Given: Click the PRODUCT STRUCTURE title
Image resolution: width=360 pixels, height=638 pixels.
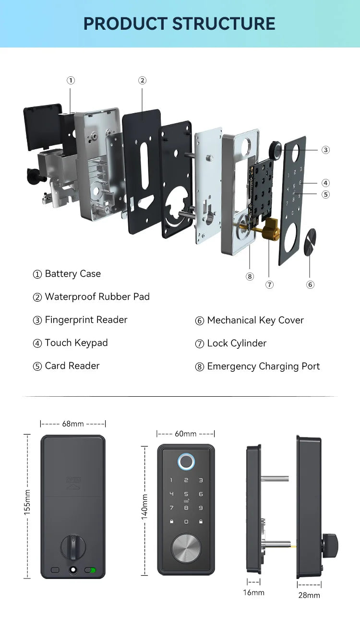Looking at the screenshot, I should tap(180, 24).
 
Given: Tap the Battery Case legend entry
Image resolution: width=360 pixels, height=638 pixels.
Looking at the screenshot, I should tap(67, 274).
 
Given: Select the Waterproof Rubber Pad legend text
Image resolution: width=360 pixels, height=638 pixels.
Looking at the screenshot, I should tap(91, 297).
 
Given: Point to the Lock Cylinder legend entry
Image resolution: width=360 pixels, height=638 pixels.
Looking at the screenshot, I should tap(231, 343).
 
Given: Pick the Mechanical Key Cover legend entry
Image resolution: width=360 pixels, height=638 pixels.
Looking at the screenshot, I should tap(250, 320).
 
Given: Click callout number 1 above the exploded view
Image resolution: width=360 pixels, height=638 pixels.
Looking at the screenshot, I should tap(71, 81).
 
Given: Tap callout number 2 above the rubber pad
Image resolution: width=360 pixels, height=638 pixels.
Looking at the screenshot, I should tap(142, 81).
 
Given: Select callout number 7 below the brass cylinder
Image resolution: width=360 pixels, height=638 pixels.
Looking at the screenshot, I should tap(269, 285).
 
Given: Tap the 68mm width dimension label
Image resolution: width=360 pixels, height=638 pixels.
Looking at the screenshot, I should tap(73, 424).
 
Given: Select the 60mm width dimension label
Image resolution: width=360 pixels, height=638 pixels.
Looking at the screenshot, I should tap(186, 434).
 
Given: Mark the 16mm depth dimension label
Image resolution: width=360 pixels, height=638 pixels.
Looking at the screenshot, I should tap(253, 593).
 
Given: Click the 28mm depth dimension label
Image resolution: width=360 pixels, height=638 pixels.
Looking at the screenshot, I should tap(309, 595).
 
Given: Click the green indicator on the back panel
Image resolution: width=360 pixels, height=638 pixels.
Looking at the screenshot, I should tap(93, 570).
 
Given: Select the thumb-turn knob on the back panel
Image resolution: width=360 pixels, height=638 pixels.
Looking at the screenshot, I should tap(73, 547).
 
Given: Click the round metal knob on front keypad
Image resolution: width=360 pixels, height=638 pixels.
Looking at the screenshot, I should tap(186, 548).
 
